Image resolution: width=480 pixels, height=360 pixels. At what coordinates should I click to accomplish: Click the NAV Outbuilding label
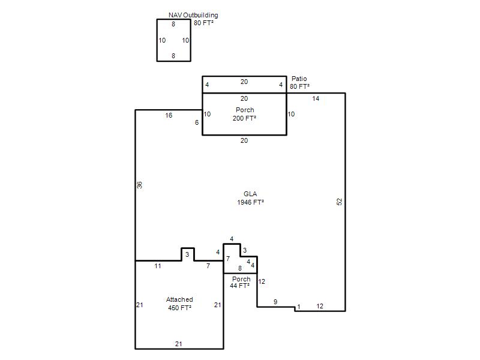click(x=193, y=15)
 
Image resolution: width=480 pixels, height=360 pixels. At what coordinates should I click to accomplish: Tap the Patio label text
click(x=299, y=79)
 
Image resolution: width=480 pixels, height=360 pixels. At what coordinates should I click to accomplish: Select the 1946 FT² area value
click(x=250, y=202)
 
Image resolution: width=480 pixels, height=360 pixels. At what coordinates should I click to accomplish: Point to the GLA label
click(x=250, y=194)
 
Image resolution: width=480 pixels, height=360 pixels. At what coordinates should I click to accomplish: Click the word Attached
click(x=179, y=299)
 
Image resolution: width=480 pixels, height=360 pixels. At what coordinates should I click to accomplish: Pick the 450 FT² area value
click(x=179, y=308)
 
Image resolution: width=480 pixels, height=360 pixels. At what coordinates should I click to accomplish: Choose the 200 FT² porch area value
click(x=244, y=118)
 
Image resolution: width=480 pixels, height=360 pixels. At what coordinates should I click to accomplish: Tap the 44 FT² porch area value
click(x=239, y=286)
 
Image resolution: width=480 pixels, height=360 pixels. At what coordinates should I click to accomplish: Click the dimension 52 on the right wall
click(x=339, y=202)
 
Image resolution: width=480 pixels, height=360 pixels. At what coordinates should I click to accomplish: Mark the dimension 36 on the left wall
click(x=139, y=185)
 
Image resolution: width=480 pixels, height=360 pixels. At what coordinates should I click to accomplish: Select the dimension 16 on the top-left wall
click(x=169, y=115)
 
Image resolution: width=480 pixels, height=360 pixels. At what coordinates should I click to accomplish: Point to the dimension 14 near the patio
click(x=316, y=98)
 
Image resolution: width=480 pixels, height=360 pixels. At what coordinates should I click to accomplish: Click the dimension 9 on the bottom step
click(x=275, y=302)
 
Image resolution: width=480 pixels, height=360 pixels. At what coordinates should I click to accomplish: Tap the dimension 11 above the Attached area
click(x=158, y=266)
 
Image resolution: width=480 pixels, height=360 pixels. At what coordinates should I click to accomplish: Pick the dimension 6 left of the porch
click(x=197, y=122)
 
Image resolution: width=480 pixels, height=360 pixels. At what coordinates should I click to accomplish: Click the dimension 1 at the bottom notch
click(x=298, y=307)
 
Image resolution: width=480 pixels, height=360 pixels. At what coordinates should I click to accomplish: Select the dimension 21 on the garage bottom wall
click(x=178, y=344)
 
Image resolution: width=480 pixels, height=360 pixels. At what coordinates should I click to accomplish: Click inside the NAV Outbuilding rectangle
click(x=173, y=40)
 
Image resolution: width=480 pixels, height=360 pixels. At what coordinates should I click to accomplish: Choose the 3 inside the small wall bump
click(x=187, y=254)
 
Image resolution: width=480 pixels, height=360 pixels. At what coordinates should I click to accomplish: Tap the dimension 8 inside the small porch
click(x=239, y=268)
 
